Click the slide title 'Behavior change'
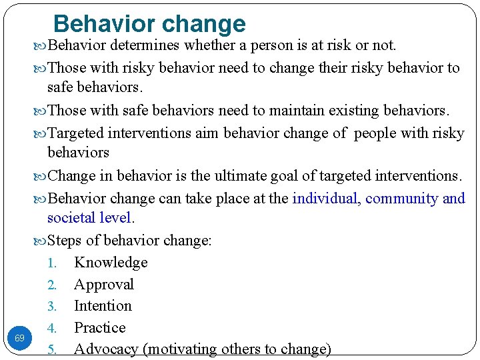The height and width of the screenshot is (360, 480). click(x=149, y=23)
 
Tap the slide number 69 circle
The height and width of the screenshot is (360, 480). click(x=19, y=339)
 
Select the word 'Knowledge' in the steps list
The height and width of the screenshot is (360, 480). click(x=111, y=263)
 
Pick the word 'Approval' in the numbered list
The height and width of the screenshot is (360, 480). click(x=104, y=285)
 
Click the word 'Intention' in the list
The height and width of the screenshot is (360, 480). click(x=103, y=306)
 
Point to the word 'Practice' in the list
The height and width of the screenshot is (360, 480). click(x=100, y=327)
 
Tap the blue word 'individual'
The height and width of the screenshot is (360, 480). click(x=325, y=198)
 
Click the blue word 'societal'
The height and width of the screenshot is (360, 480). click(x=71, y=217)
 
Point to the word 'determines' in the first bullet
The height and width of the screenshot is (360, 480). click(x=145, y=45)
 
